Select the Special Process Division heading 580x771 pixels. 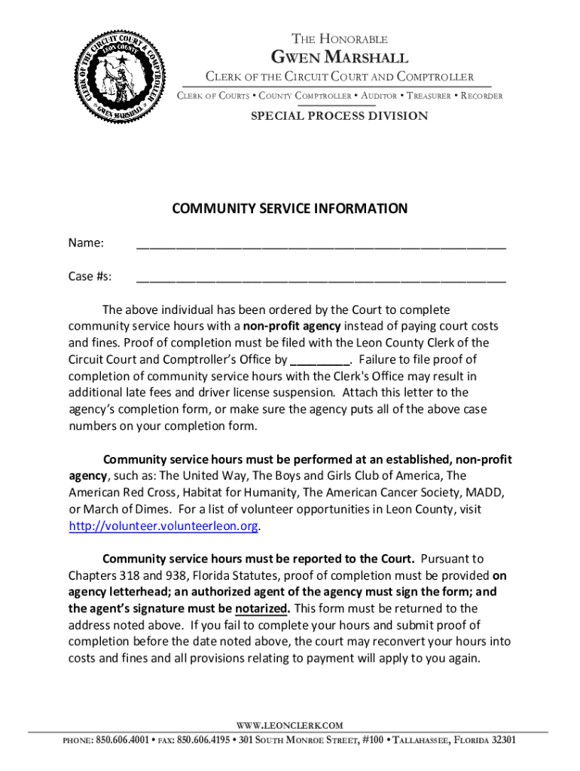pyautogui.click(x=339, y=116)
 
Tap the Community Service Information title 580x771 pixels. pyautogui.click(x=290, y=209)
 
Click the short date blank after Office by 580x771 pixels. pyautogui.click(x=320, y=360)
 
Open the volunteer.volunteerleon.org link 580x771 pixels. pyautogui.click(x=163, y=526)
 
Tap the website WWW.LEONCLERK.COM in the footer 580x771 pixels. pyautogui.click(x=290, y=726)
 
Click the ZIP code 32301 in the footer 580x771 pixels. pyautogui.click(x=503, y=740)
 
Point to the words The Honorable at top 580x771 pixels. pyautogui.click(x=340, y=39)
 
